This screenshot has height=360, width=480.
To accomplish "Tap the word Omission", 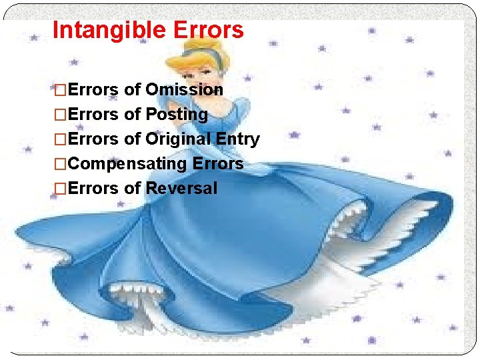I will pos(184,89).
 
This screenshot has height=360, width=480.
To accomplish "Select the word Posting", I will pos(176,115).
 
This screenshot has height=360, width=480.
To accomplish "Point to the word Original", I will pos(176,139).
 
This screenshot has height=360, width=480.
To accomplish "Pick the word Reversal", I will pos(181,188).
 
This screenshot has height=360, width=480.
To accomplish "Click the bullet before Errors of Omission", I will pos(60,90).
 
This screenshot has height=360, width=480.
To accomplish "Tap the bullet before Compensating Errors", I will pos(60,164).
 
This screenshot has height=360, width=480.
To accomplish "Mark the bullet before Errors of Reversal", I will pos(60,189).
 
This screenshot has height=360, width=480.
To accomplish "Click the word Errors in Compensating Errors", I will pos(218,163).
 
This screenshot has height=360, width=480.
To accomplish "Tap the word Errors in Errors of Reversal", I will pos(93,188).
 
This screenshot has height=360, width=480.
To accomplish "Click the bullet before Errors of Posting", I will pos(60,115).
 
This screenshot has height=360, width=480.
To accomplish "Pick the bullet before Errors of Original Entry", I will pos(60,139).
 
